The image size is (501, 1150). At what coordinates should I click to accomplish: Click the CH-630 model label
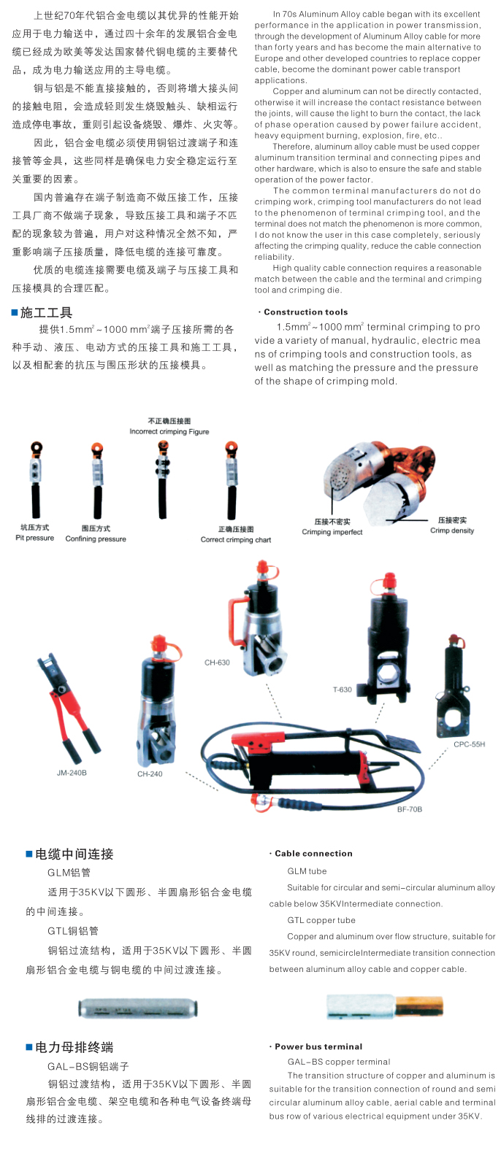[217, 663]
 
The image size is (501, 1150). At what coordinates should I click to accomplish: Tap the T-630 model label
[343, 690]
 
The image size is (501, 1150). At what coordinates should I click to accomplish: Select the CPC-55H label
[469, 744]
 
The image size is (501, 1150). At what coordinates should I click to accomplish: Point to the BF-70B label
[410, 809]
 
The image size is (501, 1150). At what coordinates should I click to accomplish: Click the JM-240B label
[72, 773]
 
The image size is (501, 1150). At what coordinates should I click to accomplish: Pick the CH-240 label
[150, 773]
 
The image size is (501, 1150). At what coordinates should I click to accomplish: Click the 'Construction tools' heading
[306, 312]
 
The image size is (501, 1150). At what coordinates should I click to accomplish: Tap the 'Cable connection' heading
[313, 853]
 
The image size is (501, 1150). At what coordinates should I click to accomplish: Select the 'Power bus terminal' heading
[318, 1046]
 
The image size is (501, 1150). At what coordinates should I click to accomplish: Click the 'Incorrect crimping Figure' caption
[169, 432]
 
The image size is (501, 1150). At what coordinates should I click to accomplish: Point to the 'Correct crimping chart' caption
[236, 539]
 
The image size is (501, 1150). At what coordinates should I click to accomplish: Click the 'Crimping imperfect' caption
[332, 532]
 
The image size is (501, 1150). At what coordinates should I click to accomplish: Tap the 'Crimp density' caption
[452, 530]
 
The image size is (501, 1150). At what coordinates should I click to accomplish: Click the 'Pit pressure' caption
[34, 538]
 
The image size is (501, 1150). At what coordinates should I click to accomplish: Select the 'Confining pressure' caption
[96, 539]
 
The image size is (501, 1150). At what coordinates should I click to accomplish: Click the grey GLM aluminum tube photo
[138, 1008]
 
